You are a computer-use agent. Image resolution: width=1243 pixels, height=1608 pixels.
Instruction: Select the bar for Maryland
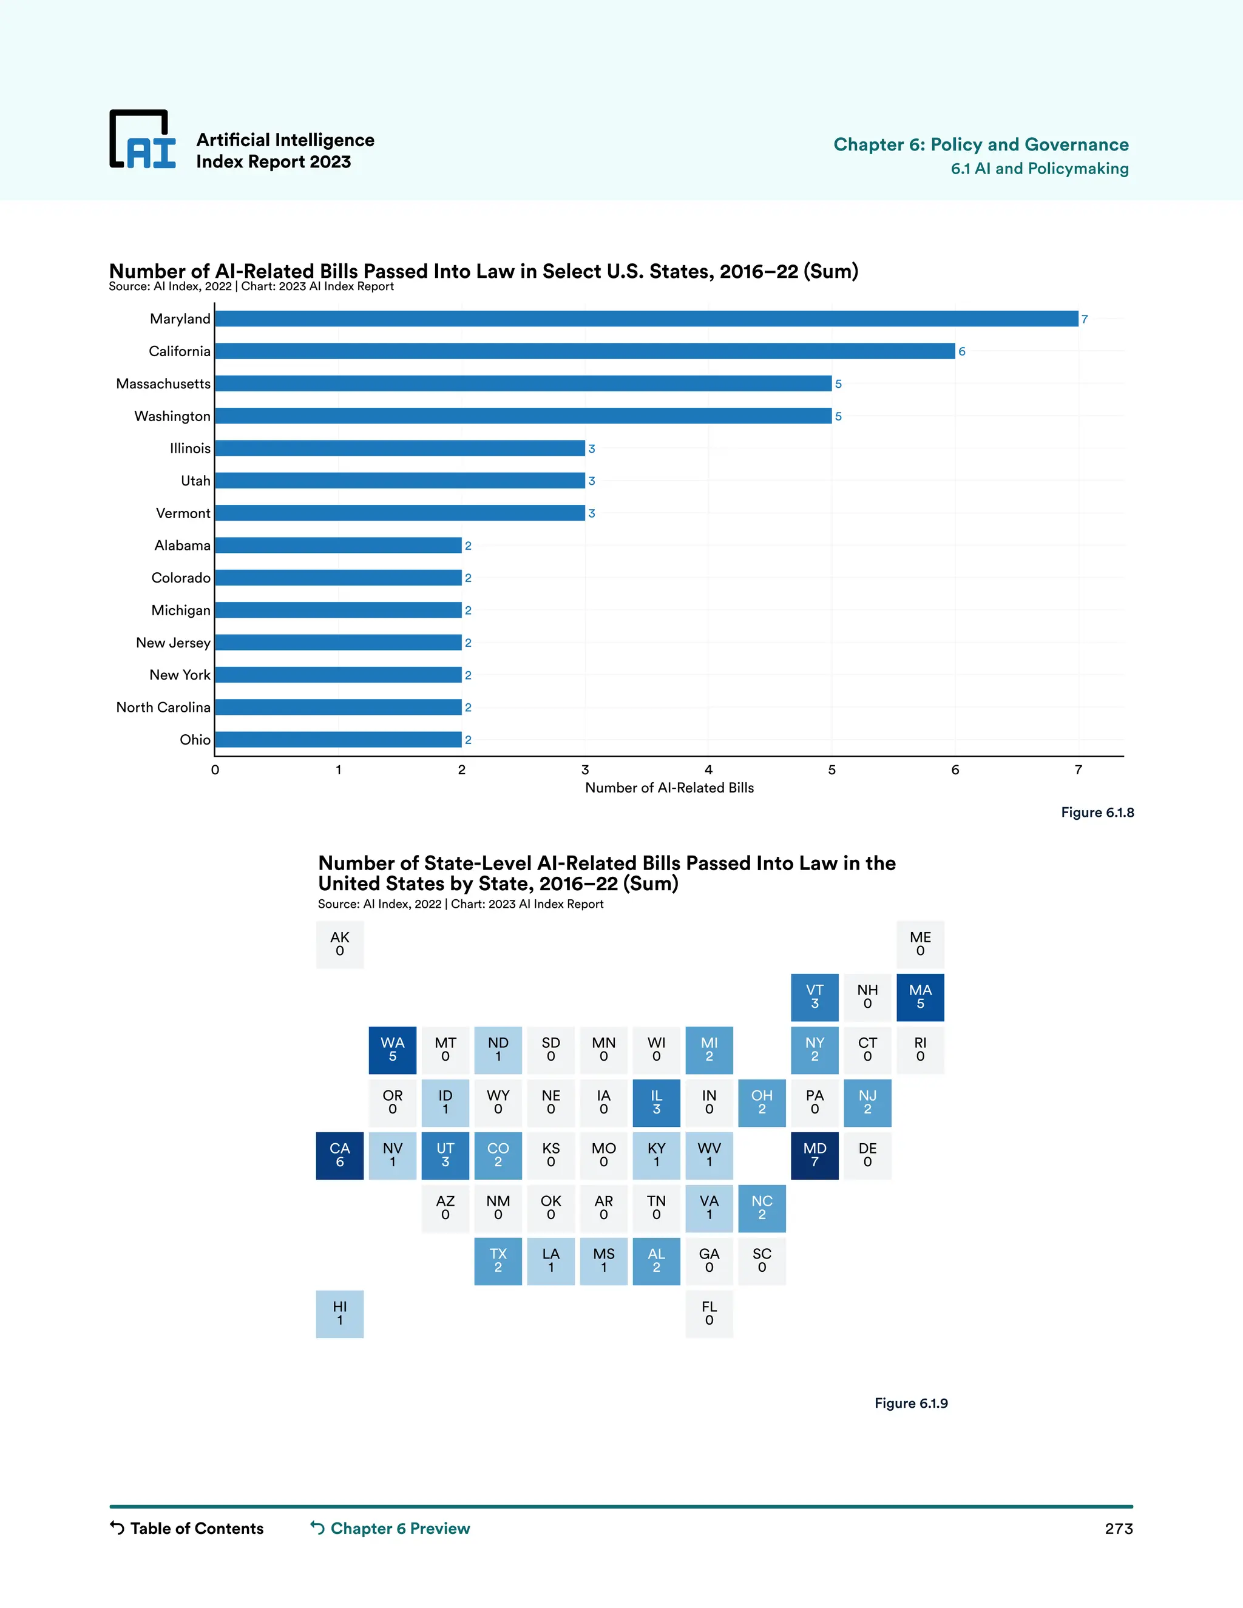[x=646, y=319]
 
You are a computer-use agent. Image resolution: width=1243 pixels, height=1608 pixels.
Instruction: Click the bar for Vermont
[x=400, y=513]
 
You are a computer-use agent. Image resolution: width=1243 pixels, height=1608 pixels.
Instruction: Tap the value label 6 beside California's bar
[x=962, y=352]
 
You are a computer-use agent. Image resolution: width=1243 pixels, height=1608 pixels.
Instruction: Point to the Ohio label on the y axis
[x=195, y=740]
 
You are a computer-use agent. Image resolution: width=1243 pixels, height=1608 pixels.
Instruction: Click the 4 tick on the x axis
[x=708, y=770]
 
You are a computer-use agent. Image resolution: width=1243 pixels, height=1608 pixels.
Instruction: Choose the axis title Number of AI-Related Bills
[x=669, y=788]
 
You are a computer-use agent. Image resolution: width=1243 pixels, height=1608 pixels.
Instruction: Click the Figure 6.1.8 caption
[x=1097, y=813]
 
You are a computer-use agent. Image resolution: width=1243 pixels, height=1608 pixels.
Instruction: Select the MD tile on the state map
[x=815, y=1155]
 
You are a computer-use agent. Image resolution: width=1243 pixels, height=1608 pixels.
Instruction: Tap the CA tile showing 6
[x=339, y=1155]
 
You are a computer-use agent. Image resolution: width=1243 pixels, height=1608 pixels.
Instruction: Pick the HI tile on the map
[x=339, y=1314]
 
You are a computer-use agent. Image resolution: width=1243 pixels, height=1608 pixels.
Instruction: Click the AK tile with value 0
[x=339, y=944]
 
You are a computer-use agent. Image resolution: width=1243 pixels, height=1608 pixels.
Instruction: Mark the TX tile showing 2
[x=498, y=1260]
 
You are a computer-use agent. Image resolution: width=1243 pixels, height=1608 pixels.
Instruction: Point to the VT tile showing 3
[x=815, y=997]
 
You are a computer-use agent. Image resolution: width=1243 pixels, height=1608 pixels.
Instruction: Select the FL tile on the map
[x=709, y=1314]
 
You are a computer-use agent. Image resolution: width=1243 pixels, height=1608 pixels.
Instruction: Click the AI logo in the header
[x=143, y=140]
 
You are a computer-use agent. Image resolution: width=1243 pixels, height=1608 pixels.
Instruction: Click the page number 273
[x=1119, y=1529]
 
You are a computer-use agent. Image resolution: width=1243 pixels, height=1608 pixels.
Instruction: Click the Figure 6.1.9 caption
[x=911, y=1404]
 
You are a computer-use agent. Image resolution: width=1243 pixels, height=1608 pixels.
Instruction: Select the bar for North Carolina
[x=338, y=708]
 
